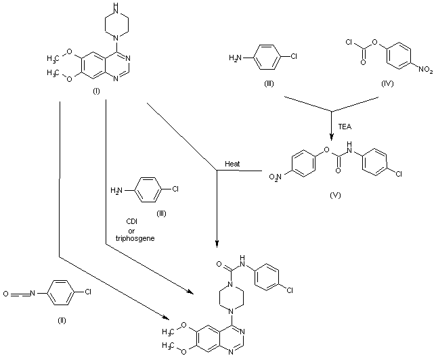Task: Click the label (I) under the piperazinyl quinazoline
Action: click(x=96, y=91)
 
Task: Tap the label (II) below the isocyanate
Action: click(x=62, y=321)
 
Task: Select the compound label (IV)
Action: click(x=387, y=84)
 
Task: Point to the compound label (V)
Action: click(x=335, y=195)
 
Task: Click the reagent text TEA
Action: click(x=345, y=127)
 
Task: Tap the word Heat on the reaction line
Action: click(x=232, y=164)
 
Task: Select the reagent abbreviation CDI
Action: click(x=132, y=221)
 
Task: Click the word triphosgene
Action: click(x=135, y=238)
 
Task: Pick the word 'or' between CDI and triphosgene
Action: click(x=131, y=231)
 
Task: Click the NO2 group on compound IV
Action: click(x=426, y=69)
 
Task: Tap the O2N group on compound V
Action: click(x=276, y=177)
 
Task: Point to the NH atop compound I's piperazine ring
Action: click(x=117, y=8)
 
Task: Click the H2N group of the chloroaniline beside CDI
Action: click(x=116, y=190)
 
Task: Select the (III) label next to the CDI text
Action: click(x=161, y=214)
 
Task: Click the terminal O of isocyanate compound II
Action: click(x=5, y=294)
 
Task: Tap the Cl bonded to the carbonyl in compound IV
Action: click(x=349, y=42)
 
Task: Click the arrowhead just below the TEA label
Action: click(x=331, y=137)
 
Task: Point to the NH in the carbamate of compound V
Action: click(x=350, y=148)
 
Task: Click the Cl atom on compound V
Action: click(x=399, y=174)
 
